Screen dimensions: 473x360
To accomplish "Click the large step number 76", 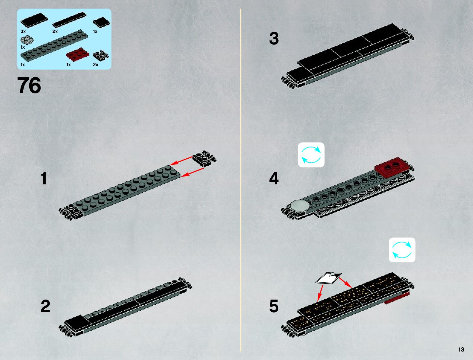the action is (x=29, y=85).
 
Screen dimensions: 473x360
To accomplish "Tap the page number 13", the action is (x=461, y=349).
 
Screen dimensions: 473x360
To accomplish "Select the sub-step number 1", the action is (x=44, y=178).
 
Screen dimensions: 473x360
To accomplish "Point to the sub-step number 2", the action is (x=45, y=306).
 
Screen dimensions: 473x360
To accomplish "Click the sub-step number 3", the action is (x=274, y=39).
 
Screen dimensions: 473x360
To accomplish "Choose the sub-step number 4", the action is (x=274, y=178).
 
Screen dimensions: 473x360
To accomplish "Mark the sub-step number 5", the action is (x=274, y=306).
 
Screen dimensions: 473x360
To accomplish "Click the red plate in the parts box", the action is (x=78, y=54).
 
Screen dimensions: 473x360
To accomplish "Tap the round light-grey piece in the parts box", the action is (x=27, y=40).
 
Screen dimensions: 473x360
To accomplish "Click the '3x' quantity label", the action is (x=23, y=31).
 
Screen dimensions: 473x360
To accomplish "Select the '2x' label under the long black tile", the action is (x=55, y=31).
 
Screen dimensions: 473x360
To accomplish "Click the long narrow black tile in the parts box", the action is (x=69, y=20).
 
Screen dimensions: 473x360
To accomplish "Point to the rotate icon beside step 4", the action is (x=311, y=155).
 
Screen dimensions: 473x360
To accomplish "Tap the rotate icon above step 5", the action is (x=402, y=250).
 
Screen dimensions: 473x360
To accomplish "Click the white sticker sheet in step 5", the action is (x=328, y=278).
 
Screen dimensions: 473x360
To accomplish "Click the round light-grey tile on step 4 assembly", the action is (x=300, y=205).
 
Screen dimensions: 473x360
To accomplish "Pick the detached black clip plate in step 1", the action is (x=204, y=158).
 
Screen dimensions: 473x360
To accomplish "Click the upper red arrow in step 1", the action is (x=181, y=161).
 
